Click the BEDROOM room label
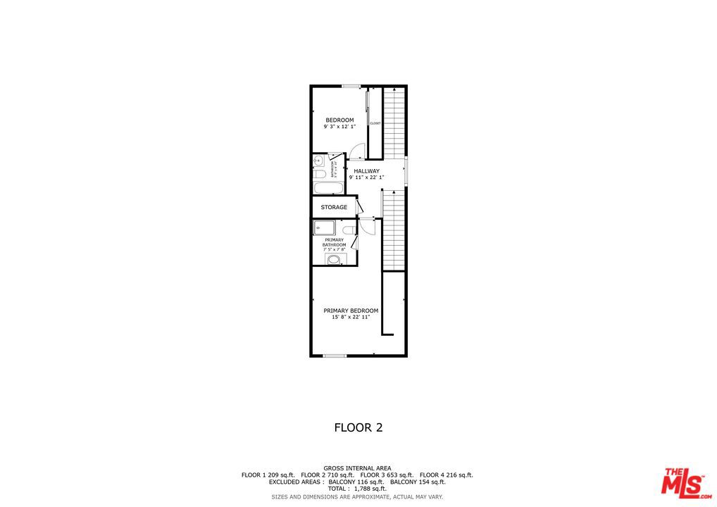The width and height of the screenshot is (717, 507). coord(339,120)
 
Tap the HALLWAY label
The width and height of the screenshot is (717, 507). coord(366,171)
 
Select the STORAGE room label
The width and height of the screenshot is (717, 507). coord(334,207)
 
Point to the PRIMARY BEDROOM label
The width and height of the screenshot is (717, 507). coord(351,311)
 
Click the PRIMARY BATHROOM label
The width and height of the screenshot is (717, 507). coord(335,242)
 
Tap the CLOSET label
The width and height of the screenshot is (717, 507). coord(375,123)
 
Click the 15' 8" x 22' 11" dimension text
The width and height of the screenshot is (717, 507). coord(351,318)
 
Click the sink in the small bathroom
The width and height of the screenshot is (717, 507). coord(318,161)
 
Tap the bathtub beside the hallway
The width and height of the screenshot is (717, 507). coord(328,188)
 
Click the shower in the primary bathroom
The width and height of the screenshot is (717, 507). coord(325,227)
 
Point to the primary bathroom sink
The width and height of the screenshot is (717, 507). coord(335,260)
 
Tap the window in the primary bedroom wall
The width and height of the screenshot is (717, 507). coord(335,356)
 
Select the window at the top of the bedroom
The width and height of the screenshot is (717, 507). coord(351,86)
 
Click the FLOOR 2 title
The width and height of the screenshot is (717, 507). coord(358,427)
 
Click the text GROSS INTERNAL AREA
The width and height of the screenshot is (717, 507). coord(357,468)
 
